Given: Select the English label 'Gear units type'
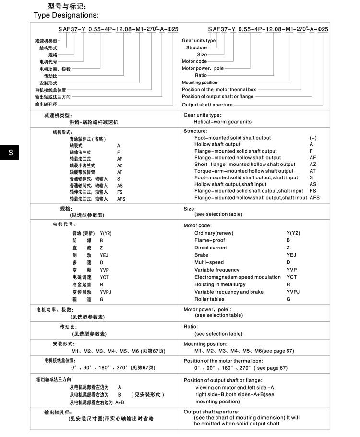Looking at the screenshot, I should click(199, 41).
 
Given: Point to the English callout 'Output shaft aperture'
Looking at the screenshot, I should click(207, 105).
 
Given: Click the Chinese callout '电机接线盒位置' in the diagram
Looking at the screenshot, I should click(50, 90).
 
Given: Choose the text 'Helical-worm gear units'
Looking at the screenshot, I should click(223, 122).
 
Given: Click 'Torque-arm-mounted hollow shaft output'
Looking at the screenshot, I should click(244, 171).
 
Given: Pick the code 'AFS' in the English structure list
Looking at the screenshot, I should click(315, 198).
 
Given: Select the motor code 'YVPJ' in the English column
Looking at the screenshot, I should click(293, 292).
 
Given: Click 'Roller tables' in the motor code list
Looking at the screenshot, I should click(209, 299).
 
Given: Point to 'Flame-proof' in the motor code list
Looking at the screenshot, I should click(209, 240).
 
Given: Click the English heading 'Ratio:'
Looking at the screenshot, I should click(191, 326).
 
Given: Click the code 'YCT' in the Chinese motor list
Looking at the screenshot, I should click(105, 277).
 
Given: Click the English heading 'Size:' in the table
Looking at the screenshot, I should click(190, 209).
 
